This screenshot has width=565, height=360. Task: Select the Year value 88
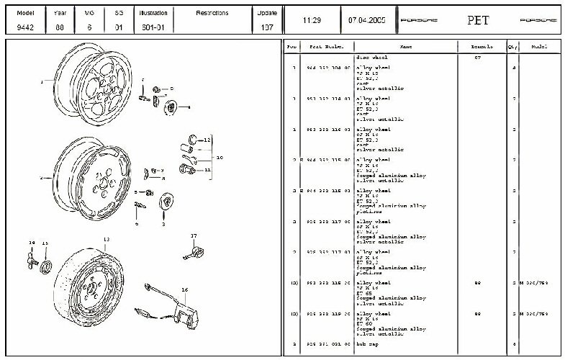60,27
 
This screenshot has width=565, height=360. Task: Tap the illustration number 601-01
153,27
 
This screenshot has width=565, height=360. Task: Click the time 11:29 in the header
312,19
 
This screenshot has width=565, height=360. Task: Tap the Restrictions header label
212,13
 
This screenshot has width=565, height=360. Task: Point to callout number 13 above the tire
106,238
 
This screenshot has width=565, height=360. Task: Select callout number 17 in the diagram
193,235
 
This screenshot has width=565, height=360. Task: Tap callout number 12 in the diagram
207,139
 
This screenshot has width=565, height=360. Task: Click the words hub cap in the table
368,344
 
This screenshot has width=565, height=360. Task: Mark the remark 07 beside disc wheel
477,57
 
